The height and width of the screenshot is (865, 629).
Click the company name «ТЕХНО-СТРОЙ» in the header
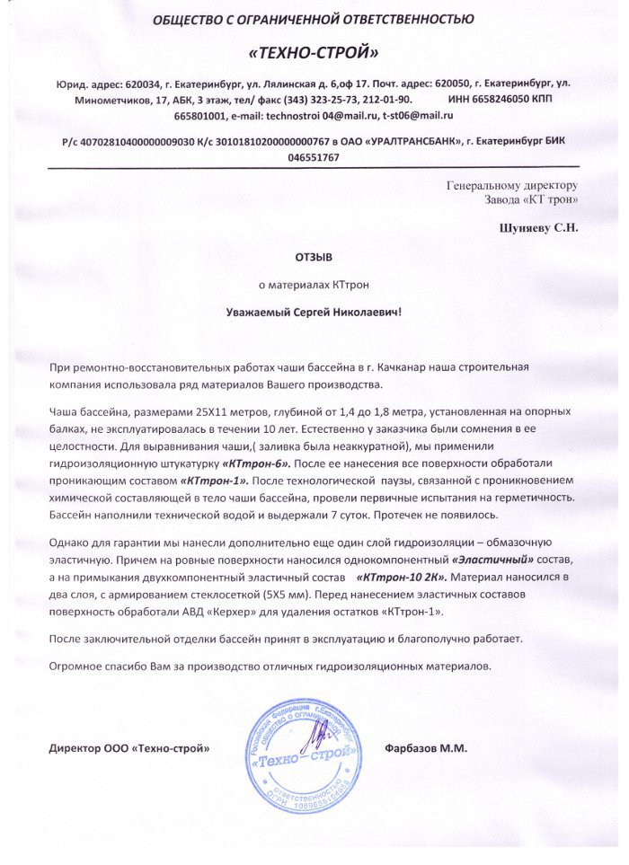click(x=314, y=52)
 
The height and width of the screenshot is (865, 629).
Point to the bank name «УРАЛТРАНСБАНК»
click(x=418, y=141)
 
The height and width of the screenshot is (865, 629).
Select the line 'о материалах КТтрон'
click(x=314, y=284)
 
